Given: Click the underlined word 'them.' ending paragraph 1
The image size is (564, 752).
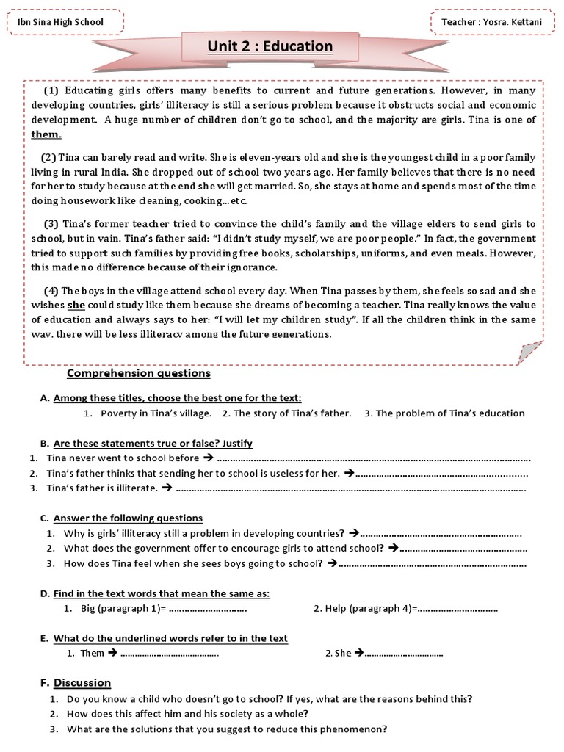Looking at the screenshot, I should (46, 134).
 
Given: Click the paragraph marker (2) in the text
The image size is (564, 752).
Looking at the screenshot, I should (48, 158).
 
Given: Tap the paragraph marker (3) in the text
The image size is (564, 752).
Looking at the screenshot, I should (51, 223).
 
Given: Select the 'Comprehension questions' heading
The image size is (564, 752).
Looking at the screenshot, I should (138, 373).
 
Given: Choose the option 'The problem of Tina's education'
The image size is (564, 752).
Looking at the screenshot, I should (450, 413).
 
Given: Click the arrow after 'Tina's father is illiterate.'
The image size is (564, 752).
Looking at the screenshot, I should (166, 488).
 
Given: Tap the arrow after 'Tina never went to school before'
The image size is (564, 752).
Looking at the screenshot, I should (207, 458).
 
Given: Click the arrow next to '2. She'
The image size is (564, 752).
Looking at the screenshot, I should (359, 653).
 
